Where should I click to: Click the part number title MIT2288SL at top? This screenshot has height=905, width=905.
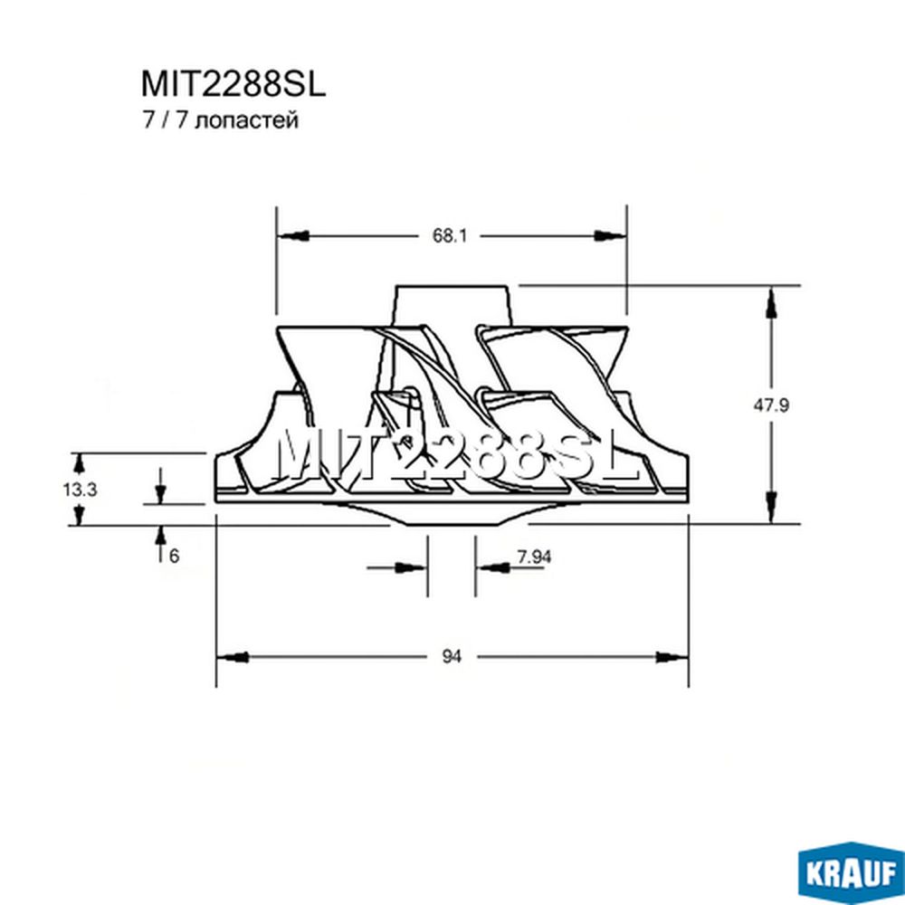[x=233, y=84]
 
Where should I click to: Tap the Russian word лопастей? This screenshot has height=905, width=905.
[x=247, y=121]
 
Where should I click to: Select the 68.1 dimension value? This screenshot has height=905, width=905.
[x=450, y=235]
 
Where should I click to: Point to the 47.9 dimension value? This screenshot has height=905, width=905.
[x=770, y=405]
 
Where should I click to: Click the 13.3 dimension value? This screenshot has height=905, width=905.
[x=80, y=490]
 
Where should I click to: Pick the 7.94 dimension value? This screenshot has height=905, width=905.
[x=534, y=557]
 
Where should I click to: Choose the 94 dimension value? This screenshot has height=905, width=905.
[x=452, y=656]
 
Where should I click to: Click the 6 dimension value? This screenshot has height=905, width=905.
[x=175, y=556]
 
